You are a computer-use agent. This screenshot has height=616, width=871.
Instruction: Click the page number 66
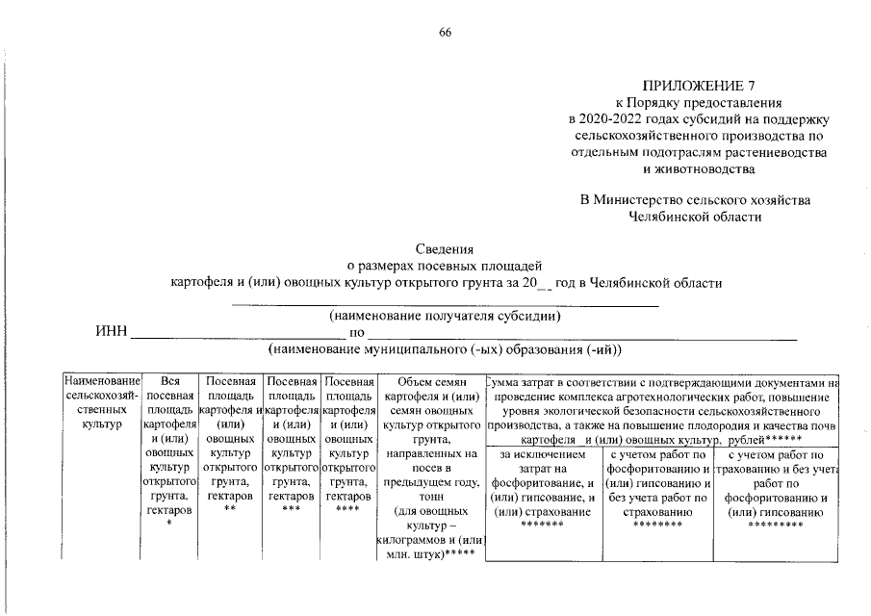point(445,33)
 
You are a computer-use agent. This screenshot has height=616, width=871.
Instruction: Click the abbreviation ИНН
point(111,332)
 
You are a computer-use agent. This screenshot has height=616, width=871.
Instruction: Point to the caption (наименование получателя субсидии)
point(445,316)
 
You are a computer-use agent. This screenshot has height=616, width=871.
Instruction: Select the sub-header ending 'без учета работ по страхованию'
point(658,483)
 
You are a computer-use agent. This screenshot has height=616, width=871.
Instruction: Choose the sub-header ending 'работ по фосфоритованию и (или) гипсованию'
point(776,483)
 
